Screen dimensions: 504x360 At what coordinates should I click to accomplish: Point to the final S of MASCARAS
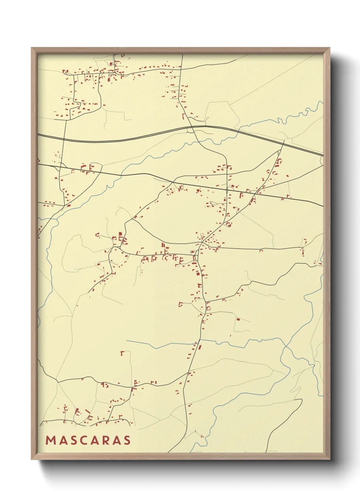click(x=127, y=440)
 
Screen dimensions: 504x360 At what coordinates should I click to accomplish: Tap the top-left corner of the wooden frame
click(x=32, y=48)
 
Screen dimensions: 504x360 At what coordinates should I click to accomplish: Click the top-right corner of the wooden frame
click(x=329, y=48)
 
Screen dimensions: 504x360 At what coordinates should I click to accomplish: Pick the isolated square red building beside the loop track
click(x=238, y=319)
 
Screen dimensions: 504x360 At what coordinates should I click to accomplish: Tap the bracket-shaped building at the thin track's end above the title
click(x=122, y=353)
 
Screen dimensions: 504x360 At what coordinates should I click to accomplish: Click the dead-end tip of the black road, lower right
click(x=302, y=399)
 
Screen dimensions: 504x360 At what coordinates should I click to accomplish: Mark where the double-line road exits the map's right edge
click(x=323, y=156)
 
